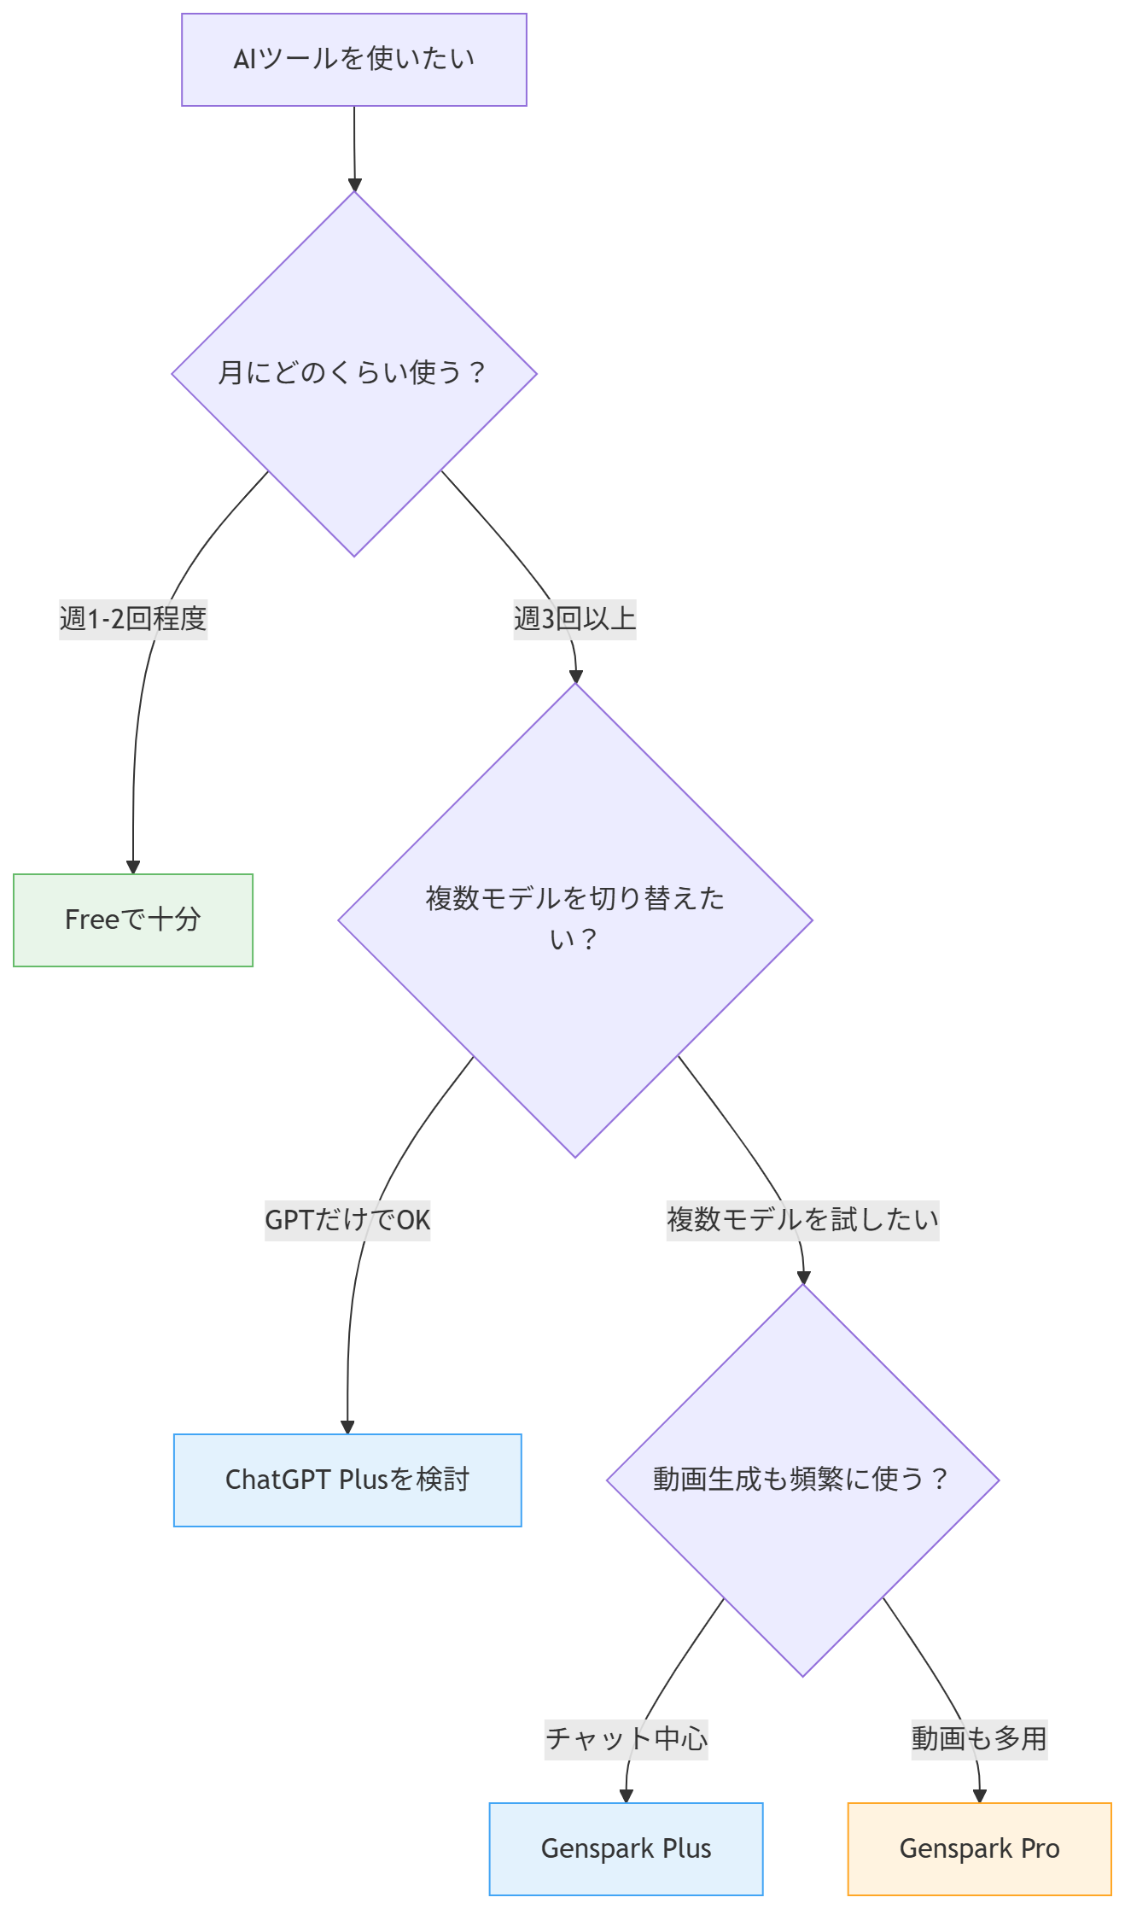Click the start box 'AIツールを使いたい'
[x=353, y=60]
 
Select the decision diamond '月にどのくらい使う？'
[x=354, y=373]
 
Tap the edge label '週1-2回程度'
[x=133, y=618]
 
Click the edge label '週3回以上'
[x=574, y=618]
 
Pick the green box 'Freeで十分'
[x=133, y=919]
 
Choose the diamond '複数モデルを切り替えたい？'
[x=575, y=919]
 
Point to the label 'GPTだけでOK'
[x=347, y=1219]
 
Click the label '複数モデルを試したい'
[x=802, y=1219]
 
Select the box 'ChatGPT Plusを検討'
[x=347, y=1480]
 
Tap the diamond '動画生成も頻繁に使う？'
[x=802, y=1480]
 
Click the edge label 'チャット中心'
[x=626, y=1738]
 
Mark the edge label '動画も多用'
[x=979, y=1738]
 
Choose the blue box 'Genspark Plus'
[x=626, y=1848]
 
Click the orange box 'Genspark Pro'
[x=979, y=1848]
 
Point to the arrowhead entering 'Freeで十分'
[x=133, y=867]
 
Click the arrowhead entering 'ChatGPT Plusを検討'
[x=347, y=1427]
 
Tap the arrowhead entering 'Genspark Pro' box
[x=980, y=1796]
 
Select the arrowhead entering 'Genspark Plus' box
[x=626, y=1796]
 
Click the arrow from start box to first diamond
[x=354, y=145]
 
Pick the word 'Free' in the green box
[x=91, y=919]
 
